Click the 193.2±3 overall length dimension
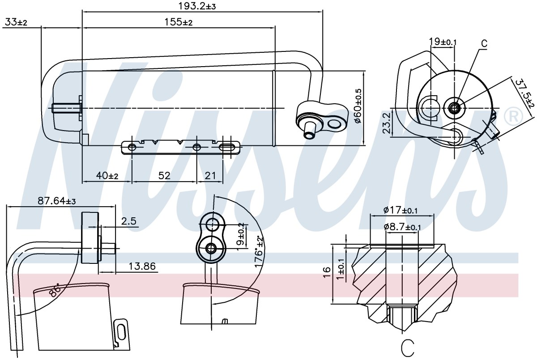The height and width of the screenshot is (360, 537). pos(197,6)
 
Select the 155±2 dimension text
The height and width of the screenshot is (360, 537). pos(179,22)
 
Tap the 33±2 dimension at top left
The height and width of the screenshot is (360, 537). pos(16,22)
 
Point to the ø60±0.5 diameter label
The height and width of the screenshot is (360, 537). pos(358,106)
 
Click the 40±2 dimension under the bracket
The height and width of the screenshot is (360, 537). pos(107,176)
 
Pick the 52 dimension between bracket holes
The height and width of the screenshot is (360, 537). pos(164,176)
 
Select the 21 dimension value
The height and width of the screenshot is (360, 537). pos(210,176)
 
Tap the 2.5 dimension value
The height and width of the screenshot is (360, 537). pos(129,221)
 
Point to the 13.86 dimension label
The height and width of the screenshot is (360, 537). pos(142,266)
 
